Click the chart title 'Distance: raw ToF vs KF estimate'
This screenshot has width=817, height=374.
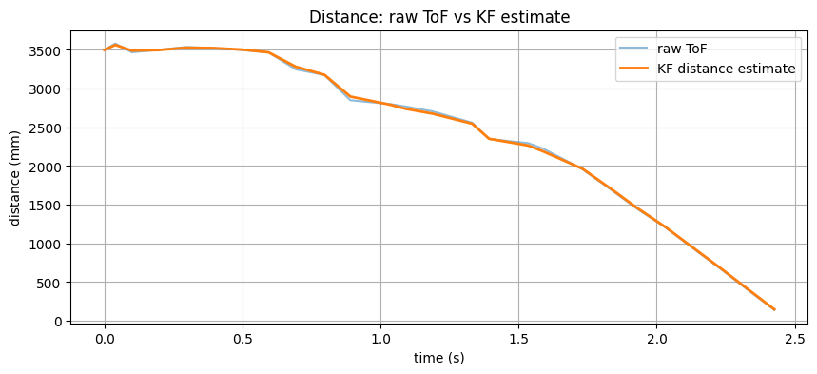pos(439,16)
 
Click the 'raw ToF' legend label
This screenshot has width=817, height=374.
pos(682,49)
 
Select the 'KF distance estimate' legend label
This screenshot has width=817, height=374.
pos(726,69)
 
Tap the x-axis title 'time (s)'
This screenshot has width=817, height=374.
pos(439,358)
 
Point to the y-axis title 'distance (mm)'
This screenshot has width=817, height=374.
pos(15,177)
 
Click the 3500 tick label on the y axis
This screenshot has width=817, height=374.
pos(46,50)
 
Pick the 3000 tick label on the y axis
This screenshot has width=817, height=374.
pos(46,89)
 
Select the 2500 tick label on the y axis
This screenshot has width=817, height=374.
pos(46,128)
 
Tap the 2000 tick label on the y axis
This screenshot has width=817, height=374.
pos(46,167)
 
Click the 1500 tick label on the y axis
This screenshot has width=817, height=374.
pos(46,206)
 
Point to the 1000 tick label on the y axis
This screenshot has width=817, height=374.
pos(46,245)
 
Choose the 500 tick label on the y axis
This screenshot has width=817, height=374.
pos(49,284)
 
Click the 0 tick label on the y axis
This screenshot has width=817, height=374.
pos(59,322)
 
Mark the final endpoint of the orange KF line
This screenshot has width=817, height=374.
pos(774,309)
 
